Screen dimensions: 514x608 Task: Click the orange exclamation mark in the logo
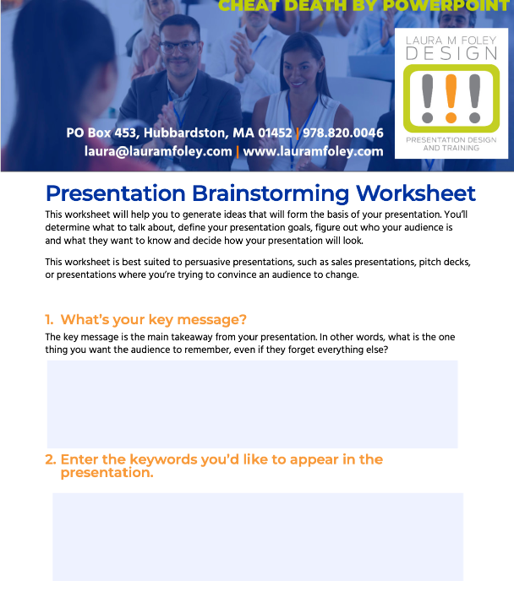pos(451,99)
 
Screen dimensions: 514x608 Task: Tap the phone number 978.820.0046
pos(342,133)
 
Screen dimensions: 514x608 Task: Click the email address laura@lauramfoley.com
pos(158,151)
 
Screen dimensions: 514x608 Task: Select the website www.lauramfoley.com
pos(313,151)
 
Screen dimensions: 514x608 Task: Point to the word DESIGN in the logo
pos(451,53)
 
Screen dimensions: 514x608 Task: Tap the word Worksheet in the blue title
pos(416,193)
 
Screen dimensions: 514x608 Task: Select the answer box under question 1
pos(252,404)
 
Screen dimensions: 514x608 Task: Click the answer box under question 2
pos(258,537)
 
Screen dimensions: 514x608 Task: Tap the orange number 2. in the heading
pos(51,459)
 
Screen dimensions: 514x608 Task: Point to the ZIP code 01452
pos(275,133)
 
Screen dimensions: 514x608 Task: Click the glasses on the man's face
pos(180,47)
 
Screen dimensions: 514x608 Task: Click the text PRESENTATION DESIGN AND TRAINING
pos(451,144)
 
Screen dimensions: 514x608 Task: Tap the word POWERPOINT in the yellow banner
pos(446,6)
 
